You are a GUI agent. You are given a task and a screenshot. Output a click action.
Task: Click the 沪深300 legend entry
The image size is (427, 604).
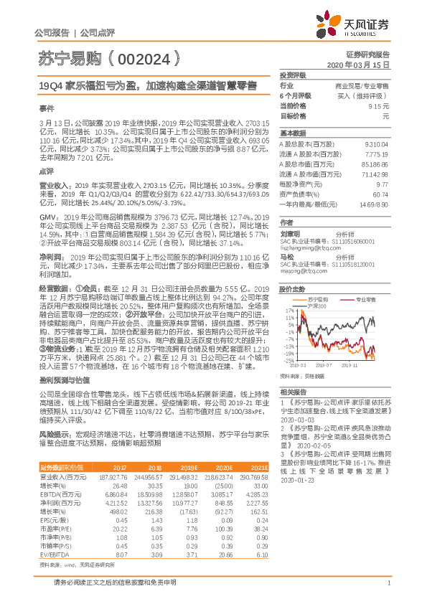click(316, 306)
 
